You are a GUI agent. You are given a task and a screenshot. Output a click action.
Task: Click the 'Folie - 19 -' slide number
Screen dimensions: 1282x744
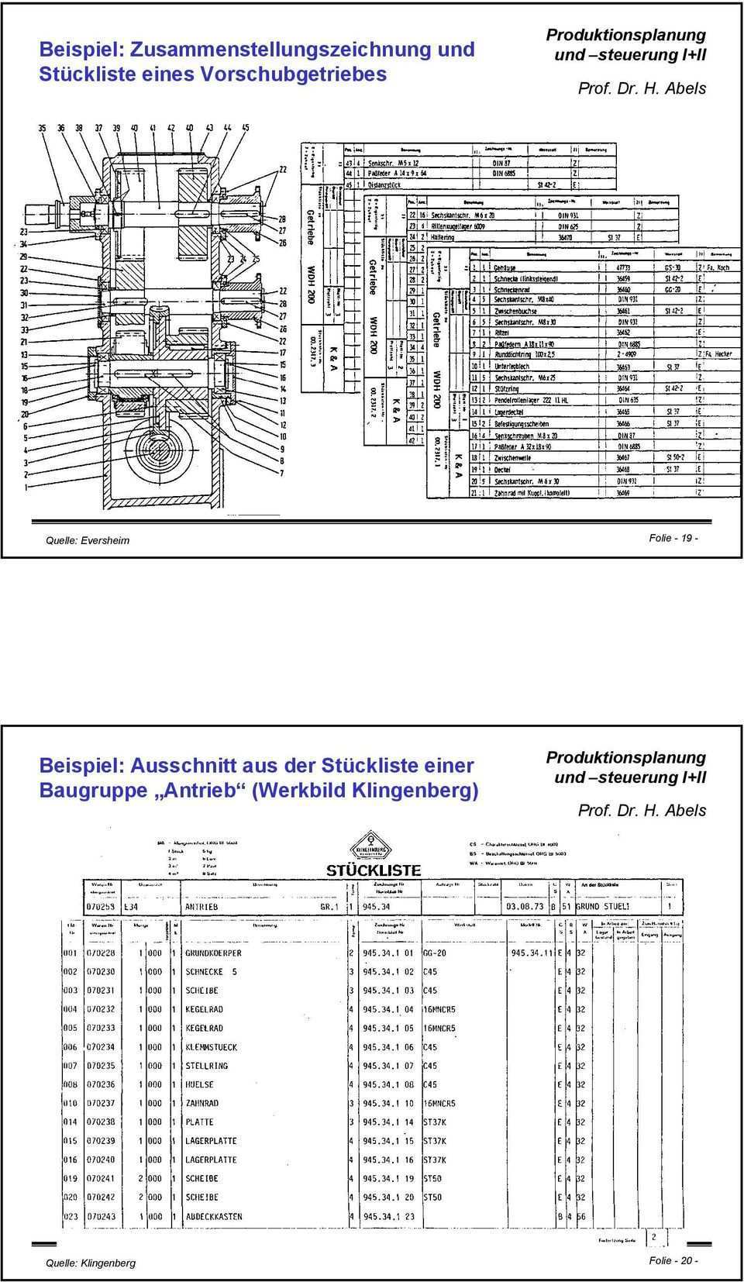click(x=673, y=538)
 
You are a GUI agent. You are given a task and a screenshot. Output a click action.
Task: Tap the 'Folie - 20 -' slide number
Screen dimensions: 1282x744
click(x=673, y=1260)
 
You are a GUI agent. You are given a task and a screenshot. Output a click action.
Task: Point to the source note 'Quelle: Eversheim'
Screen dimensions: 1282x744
click(x=88, y=540)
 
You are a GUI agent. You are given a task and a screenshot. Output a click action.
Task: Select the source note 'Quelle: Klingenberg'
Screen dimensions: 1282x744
click(x=91, y=1263)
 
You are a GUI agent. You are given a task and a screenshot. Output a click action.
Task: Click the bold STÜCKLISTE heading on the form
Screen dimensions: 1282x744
click(x=374, y=870)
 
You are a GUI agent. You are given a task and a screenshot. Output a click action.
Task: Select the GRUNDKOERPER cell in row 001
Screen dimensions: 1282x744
click(x=213, y=953)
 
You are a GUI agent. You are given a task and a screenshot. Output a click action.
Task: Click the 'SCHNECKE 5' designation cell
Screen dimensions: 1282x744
click(x=211, y=971)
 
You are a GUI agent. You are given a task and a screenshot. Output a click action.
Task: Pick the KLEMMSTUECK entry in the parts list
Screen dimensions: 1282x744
click(x=211, y=1047)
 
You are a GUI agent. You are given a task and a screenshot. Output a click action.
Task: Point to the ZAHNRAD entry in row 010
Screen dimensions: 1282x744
click(x=201, y=1103)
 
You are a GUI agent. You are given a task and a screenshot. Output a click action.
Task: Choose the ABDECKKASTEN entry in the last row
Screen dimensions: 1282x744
click(x=213, y=1217)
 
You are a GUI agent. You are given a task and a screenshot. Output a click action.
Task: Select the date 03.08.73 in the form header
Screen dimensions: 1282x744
click(x=524, y=906)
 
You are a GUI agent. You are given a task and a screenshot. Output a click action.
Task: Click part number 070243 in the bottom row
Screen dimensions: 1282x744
click(x=101, y=1217)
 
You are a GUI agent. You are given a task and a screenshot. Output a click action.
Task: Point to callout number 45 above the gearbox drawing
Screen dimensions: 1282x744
click(x=245, y=128)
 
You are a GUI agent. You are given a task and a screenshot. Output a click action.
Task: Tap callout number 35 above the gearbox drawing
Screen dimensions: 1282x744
click(x=42, y=128)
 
